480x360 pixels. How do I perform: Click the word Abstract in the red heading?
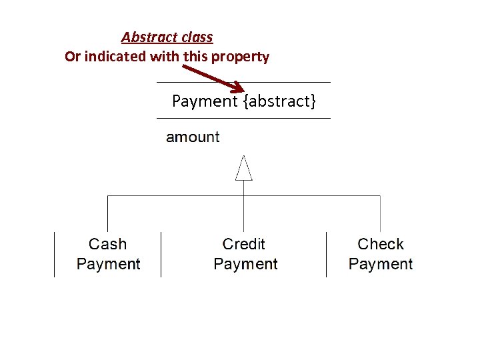tap(145, 37)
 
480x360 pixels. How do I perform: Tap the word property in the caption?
tap(240, 57)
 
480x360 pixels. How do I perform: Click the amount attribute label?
tap(193, 137)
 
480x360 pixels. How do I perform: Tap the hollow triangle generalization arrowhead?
tap(244, 169)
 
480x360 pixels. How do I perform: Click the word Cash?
tap(107, 245)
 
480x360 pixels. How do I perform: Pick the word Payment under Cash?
tap(109, 264)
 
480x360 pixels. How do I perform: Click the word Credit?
tap(244, 245)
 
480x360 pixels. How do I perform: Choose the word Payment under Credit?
tap(245, 264)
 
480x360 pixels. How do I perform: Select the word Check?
tap(381, 245)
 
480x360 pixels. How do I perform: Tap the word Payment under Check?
tap(381, 264)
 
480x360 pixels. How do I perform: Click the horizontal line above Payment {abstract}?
tap(243, 82)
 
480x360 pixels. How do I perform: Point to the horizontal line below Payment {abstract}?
tap(243, 118)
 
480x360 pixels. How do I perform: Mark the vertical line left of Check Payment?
tap(326, 254)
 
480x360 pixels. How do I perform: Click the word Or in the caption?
tap(72, 57)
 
